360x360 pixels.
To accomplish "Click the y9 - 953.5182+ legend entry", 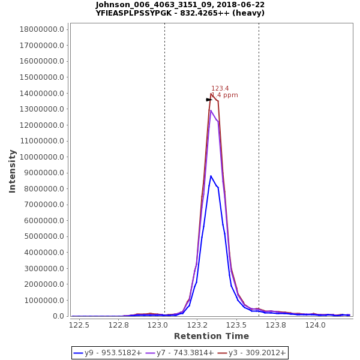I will click(x=108, y=353).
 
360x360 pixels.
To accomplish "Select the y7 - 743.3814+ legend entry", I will click(x=180, y=353).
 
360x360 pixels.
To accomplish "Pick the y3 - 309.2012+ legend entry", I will click(x=252, y=353).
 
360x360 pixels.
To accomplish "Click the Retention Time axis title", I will click(x=211, y=336).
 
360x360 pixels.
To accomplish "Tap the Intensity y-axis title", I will click(x=12, y=171).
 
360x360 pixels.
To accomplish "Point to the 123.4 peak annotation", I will click(x=220, y=88).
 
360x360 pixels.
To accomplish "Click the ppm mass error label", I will click(x=224, y=95).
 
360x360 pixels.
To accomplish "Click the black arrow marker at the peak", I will click(x=209, y=100).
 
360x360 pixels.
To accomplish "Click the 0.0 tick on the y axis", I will click(x=59, y=316).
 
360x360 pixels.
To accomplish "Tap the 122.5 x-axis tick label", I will click(x=79, y=325).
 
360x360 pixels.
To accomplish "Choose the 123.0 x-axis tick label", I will click(x=158, y=325).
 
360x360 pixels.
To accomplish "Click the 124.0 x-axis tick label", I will click(x=316, y=325).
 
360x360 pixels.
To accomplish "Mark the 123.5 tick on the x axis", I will click(x=236, y=325).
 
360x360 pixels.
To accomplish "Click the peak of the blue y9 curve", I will click(x=211, y=176).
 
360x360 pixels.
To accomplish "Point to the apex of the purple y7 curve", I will click(x=211, y=110).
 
